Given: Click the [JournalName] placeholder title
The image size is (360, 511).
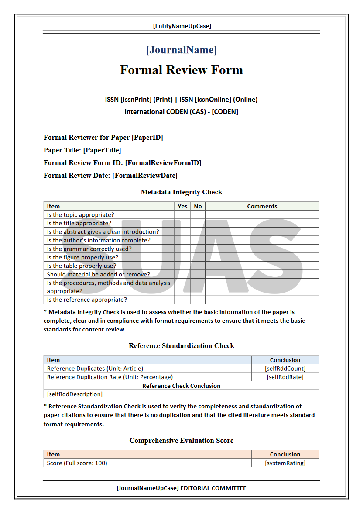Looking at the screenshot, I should pos(181,50).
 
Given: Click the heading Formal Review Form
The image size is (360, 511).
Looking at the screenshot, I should pos(181,70).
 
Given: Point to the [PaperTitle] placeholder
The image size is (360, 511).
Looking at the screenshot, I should pos(102,150).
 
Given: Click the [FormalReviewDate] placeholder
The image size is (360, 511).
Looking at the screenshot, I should pos(145,176).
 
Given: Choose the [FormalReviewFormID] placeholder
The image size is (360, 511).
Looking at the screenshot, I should pos(163,163).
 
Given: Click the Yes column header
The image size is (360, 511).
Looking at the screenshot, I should pos(182,206).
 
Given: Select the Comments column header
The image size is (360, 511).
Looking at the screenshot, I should pos(262,206).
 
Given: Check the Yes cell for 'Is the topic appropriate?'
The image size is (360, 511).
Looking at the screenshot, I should pos(182,215).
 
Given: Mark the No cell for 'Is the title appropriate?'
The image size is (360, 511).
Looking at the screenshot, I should pos(198,223).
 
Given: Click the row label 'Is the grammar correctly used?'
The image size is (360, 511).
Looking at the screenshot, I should pos(89,249).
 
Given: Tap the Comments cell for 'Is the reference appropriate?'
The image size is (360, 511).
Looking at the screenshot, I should pos(262,300).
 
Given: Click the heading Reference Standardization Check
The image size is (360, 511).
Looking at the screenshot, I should pos(181,346).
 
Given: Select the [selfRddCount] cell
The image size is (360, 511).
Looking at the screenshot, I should pos(285,369).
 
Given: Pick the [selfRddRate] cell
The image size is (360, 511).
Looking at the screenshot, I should pos(285,377).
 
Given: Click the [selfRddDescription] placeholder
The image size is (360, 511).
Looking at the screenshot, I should pos(75,394).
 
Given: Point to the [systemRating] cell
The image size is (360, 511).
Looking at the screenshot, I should pos(285,463).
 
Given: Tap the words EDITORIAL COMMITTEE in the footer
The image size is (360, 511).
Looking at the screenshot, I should pos(213,488).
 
